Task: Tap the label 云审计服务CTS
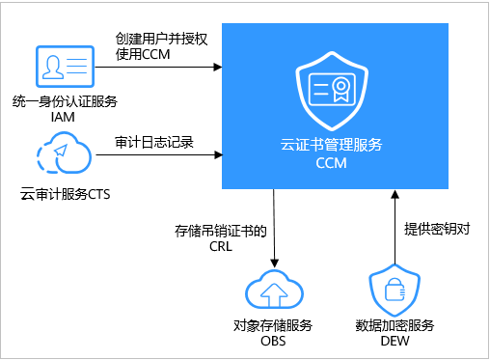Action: pyautogui.click(x=66, y=194)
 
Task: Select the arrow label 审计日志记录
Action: pyautogui.click(x=154, y=141)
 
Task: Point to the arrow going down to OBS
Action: pyautogui.click(x=276, y=227)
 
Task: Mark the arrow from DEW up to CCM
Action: pyautogui.click(x=393, y=227)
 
